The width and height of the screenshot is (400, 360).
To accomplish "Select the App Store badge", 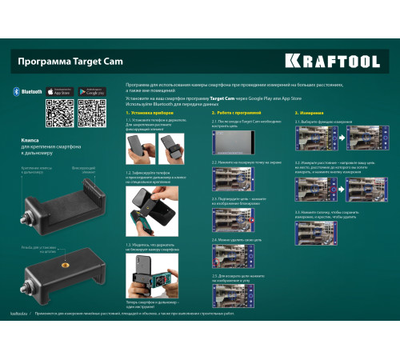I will click(x=61, y=93).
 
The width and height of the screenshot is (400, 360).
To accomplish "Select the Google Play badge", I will click(x=93, y=93).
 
